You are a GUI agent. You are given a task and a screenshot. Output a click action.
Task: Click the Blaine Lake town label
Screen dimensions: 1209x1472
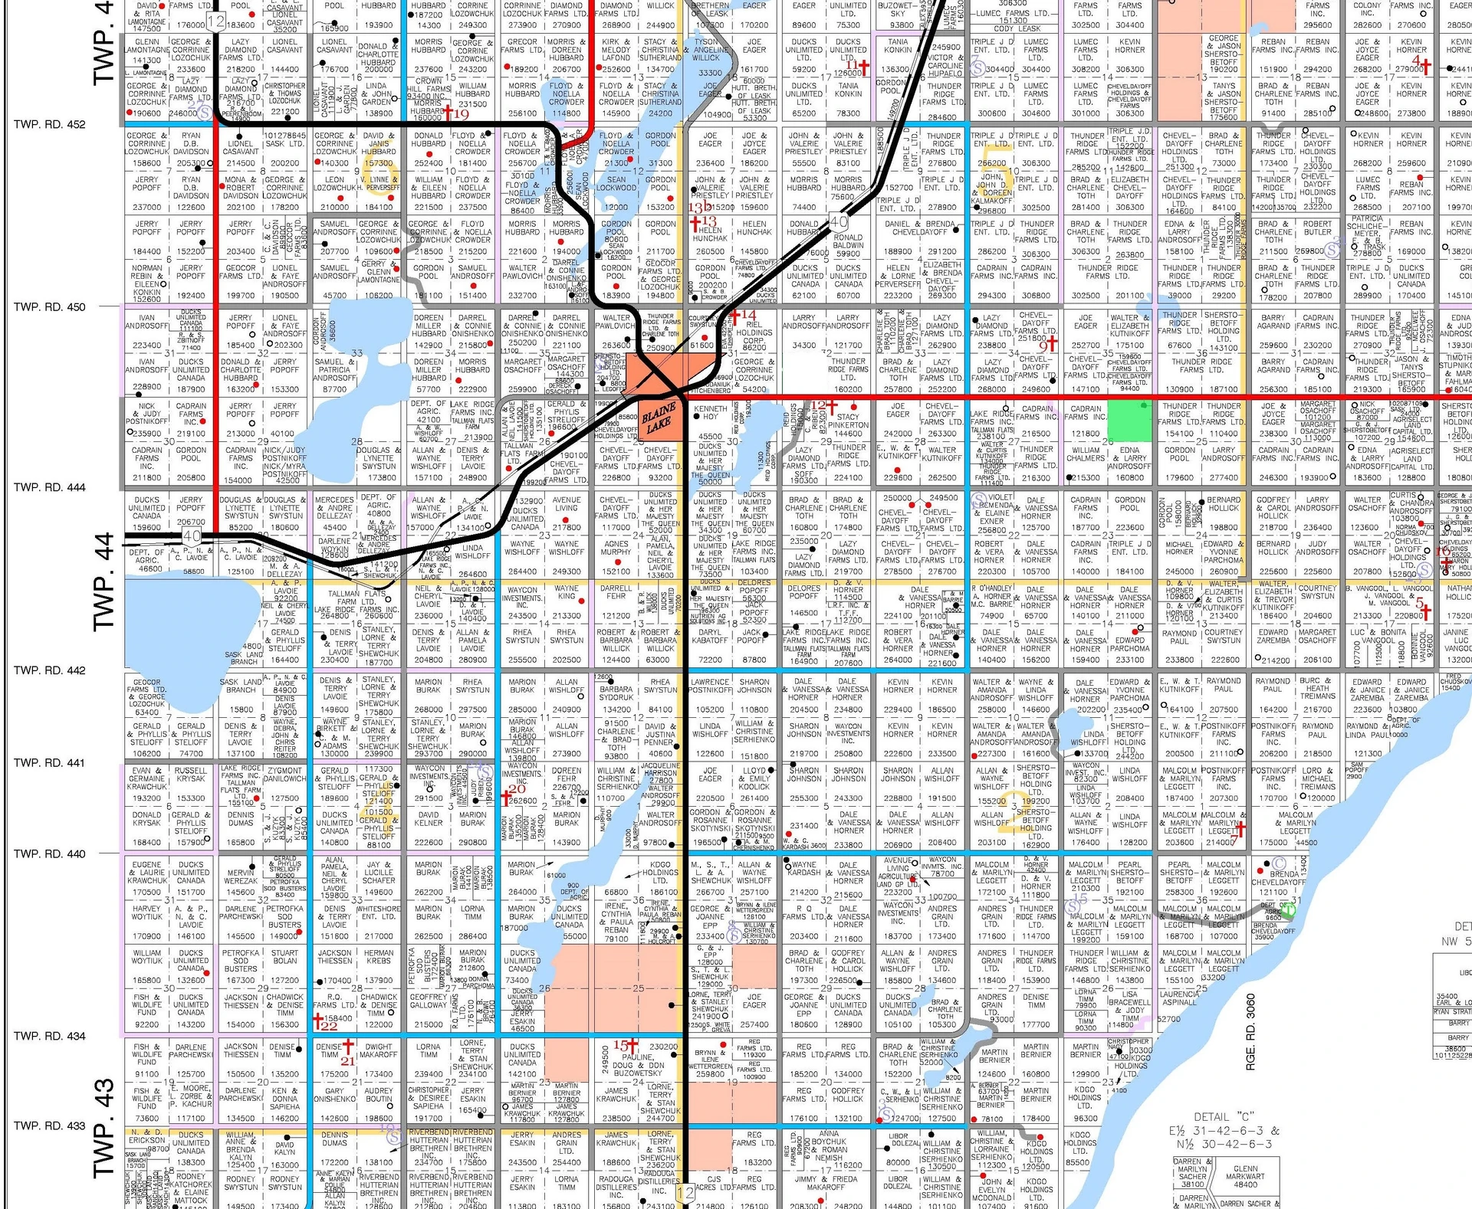click(x=659, y=418)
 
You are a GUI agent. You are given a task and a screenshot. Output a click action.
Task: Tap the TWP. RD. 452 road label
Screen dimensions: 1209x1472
click(x=49, y=124)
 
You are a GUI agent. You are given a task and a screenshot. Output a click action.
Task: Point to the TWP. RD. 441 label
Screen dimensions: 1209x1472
click(x=49, y=762)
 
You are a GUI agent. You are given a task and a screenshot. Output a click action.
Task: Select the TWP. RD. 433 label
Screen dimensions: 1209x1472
click(x=49, y=1125)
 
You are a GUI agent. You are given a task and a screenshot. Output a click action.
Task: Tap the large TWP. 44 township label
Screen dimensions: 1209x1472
click(x=103, y=582)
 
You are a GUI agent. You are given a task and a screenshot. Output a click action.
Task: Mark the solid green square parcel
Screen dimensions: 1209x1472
click(x=1130, y=420)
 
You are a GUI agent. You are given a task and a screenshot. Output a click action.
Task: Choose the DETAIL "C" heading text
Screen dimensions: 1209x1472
click(x=1227, y=1117)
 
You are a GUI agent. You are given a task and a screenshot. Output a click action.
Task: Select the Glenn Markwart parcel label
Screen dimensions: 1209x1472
click(x=1245, y=1172)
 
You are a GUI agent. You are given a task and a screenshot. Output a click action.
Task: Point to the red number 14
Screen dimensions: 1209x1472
click(x=748, y=315)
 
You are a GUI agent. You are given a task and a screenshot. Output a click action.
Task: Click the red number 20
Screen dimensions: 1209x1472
click(x=518, y=789)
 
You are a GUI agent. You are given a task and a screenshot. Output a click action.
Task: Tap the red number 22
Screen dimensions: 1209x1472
click(x=329, y=1026)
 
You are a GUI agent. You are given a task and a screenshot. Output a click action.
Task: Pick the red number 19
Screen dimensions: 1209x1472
click(x=461, y=114)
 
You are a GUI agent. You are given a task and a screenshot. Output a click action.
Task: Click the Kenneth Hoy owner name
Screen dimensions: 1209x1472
click(x=710, y=413)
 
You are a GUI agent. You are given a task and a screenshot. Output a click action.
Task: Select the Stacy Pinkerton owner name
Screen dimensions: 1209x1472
click(x=848, y=421)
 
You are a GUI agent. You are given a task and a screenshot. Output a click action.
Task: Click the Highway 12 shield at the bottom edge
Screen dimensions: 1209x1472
click(x=685, y=1192)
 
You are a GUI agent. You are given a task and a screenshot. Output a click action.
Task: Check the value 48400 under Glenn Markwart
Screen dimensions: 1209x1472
click(x=1245, y=1184)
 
